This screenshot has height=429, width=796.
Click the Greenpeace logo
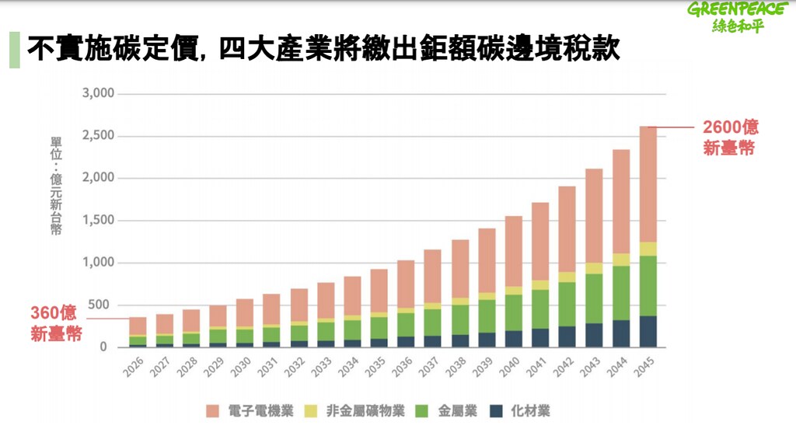tap(738, 17)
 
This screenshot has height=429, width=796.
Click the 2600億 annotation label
tap(730, 137)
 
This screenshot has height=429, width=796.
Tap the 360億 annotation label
tap(55, 323)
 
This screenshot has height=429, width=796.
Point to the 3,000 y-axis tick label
tap(98, 93)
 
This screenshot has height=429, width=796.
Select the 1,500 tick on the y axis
tap(98, 221)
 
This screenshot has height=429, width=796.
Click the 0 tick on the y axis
tap(103, 347)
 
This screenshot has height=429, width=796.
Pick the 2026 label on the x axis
tap(134, 367)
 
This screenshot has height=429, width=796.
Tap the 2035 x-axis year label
tap(375, 367)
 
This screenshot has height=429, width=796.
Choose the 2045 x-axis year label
tap(644, 367)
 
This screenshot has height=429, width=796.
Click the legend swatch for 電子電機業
tap(213, 411)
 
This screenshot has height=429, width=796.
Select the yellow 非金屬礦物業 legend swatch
tap(311, 411)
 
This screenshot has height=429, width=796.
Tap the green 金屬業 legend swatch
tap(422, 411)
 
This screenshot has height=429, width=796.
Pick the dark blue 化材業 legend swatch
tap(497, 411)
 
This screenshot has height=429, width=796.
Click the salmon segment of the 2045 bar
tap(648, 184)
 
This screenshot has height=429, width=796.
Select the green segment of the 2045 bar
tap(648, 286)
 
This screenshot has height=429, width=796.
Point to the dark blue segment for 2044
tap(621, 333)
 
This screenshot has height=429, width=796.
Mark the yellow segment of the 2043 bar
tap(595, 268)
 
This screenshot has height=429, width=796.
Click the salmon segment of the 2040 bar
tap(514, 251)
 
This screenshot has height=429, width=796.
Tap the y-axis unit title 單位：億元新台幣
tap(56, 186)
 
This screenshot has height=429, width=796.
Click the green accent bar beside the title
tap(14, 50)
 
